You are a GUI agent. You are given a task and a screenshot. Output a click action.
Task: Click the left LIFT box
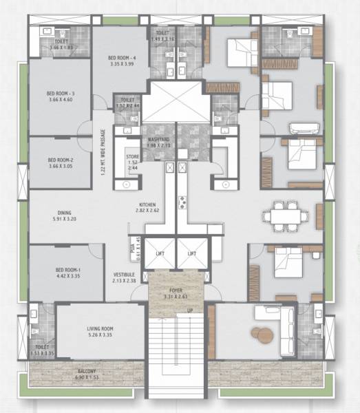point(159,254)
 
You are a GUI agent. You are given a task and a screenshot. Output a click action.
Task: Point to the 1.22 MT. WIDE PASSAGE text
point(103,151)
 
